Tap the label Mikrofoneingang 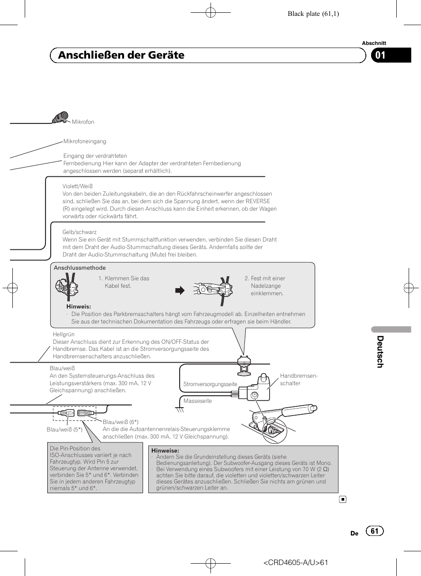[x=85, y=141]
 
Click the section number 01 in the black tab [x=380, y=55]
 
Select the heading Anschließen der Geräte [x=121, y=55]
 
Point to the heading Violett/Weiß [x=78, y=186]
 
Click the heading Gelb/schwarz [x=79, y=232]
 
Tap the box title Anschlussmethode [x=80, y=268]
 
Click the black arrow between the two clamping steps [x=180, y=290]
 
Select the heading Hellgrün [x=64, y=334]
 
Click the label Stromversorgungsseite [x=210, y=384]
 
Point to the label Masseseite [x=198, y=401]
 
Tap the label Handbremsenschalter [x=298, y=379]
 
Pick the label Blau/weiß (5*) [x=64, y=430]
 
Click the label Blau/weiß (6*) [x=120, y=422]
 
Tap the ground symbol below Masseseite [x=180, y=410]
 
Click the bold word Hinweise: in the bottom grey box [x=165, y=451]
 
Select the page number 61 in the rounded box [x=375, y=531]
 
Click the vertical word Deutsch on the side [x=380, y=352]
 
